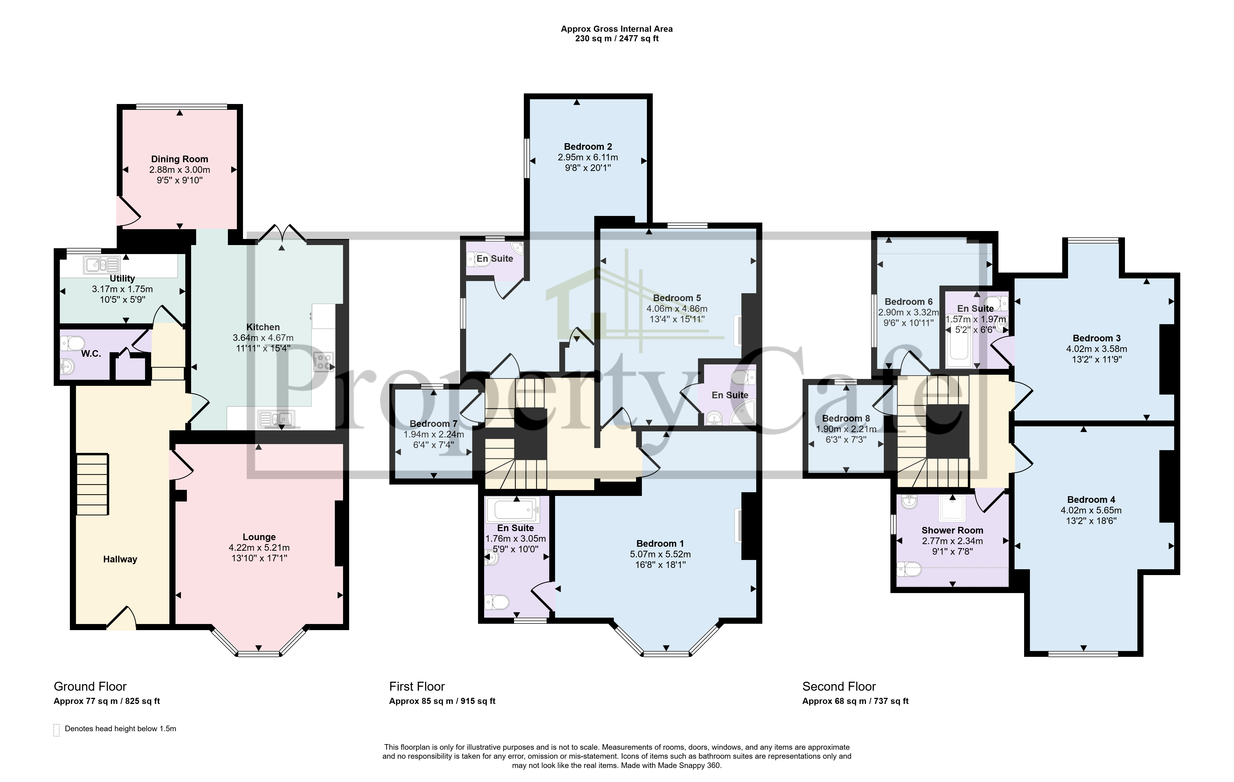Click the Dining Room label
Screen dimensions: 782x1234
tap(179, 159)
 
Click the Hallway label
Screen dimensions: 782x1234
tap(120, 559)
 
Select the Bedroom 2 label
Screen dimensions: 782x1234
tap(588, 147)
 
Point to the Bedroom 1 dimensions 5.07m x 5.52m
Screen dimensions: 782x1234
tap(660, 554)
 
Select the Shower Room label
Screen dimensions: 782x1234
tap(952, 530)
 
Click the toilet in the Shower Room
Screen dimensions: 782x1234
tap(909, 569)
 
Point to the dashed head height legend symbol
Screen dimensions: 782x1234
tap(56, 730)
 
